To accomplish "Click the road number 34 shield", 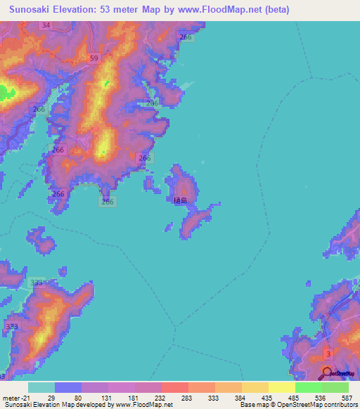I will [46, 25].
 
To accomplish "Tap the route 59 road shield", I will [94, 58].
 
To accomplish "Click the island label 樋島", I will [181, 200].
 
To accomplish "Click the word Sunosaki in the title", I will [30, 9].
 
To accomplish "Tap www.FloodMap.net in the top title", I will [218, 9].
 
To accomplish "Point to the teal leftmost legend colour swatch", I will [41, 387].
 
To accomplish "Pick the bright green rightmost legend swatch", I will [335, 387].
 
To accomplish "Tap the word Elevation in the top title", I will [81, 9].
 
